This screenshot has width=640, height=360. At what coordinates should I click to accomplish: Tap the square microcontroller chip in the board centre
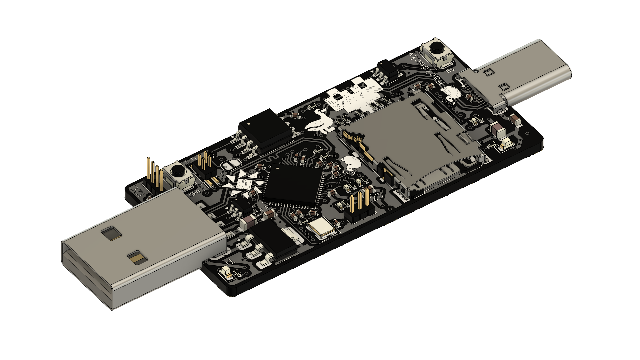(293, 185)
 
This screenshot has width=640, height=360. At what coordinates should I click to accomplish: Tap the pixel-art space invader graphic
(353, 95)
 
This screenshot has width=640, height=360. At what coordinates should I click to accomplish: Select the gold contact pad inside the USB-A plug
(137, 257)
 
